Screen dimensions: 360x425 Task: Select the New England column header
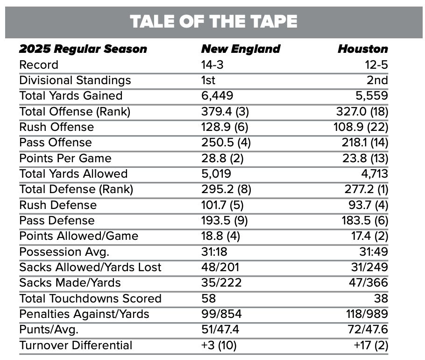point(241,49)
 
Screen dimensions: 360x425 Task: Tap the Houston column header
point(362,49)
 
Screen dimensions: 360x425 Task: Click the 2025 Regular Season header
point(83,49)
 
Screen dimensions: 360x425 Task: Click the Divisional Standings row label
point(75,80)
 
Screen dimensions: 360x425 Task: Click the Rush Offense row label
point(57,127)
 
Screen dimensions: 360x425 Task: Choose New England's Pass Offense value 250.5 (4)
point(226,143)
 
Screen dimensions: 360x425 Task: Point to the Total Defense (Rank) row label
point(76,189)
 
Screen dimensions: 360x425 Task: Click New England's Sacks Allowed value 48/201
point(220,267)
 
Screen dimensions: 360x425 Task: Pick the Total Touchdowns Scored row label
point(90,298)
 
